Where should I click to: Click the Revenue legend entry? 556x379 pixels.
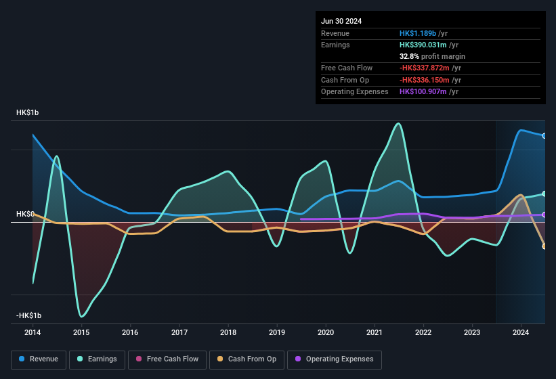(39, 359)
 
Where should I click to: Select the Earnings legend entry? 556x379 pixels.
(97, 359)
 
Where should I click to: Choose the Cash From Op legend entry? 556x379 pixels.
(246, 359)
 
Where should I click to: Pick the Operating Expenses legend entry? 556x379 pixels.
(335, 359)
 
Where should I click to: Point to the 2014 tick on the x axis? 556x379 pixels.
(32, 332)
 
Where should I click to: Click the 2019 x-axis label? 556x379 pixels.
(277, 332)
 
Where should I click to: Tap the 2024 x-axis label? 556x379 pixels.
(521, 332)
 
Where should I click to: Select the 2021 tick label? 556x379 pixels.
(375, 332)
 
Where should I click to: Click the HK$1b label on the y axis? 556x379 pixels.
(28, 112)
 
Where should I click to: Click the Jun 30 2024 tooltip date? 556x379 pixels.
(341, 21)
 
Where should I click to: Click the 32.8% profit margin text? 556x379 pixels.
(432, 56)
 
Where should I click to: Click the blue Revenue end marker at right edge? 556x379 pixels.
(544, 136)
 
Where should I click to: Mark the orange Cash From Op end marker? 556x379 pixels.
(544, 246)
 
